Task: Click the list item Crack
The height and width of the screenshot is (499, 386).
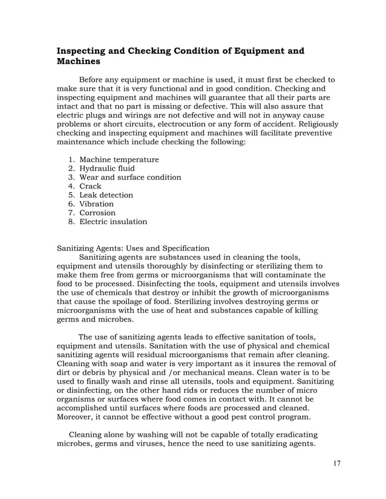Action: [91, 186]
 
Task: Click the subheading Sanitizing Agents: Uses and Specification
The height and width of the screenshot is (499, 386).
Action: [133, 248]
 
